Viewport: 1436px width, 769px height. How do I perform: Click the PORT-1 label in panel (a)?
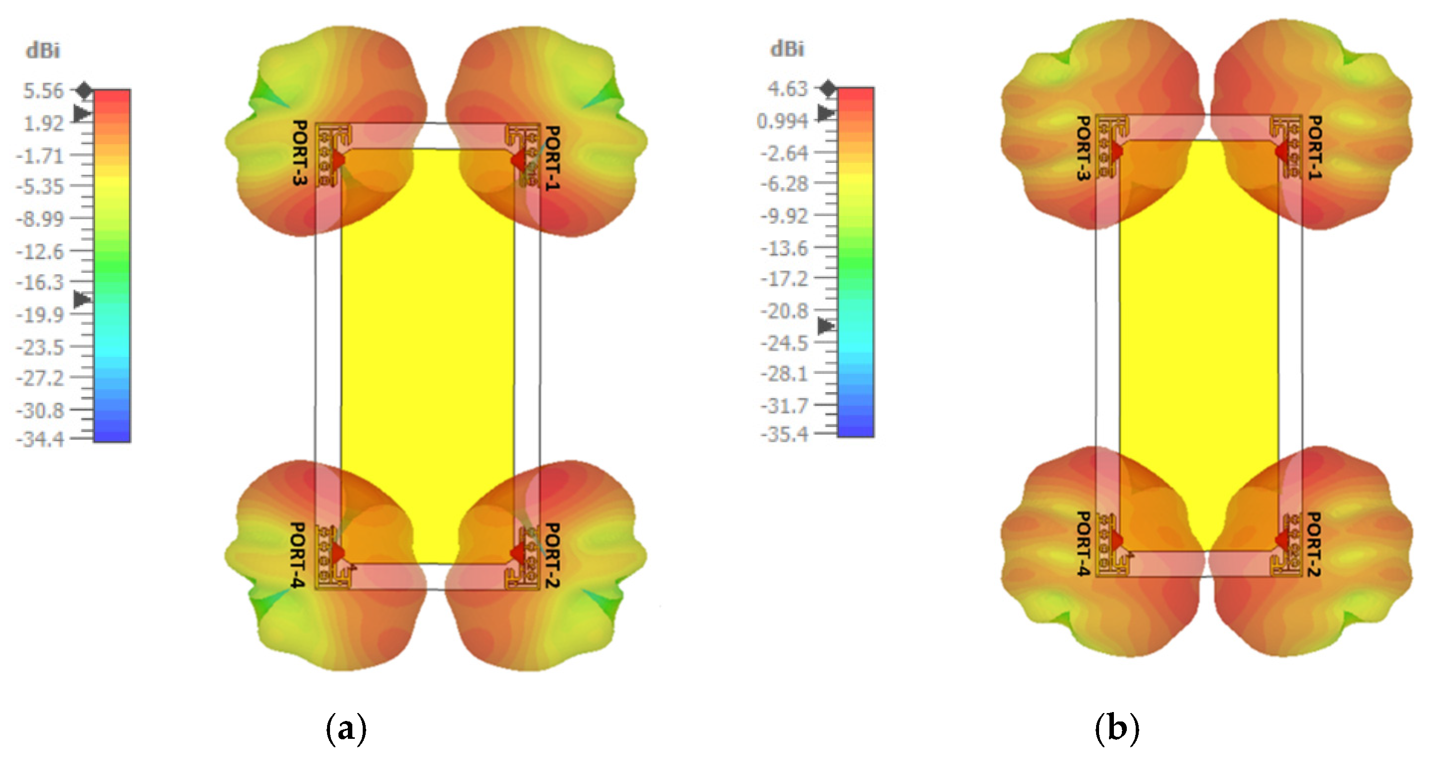552,157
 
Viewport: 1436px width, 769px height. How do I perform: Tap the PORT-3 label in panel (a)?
300,152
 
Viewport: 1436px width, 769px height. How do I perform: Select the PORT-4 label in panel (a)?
298,555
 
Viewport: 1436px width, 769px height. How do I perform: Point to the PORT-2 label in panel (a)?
552,555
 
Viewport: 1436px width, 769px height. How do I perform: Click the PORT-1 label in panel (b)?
1315,147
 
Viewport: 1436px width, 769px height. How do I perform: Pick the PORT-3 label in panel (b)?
1083,148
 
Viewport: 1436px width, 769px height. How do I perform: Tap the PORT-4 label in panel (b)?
1083,544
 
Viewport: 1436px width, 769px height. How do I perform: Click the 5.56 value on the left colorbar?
44,91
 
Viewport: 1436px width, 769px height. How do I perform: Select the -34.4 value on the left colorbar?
40,440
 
